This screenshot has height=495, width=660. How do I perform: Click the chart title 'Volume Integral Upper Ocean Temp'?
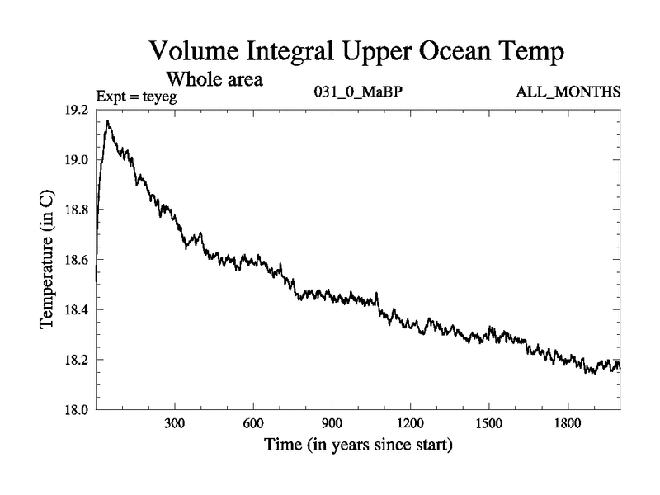pos(356,51)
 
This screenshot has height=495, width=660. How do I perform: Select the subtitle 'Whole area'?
pos(215,79)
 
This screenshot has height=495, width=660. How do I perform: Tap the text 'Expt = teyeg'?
pos(137,97)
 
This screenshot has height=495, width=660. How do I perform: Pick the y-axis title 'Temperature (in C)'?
pos(48,259)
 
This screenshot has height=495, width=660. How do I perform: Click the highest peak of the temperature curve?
pos(108,121)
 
